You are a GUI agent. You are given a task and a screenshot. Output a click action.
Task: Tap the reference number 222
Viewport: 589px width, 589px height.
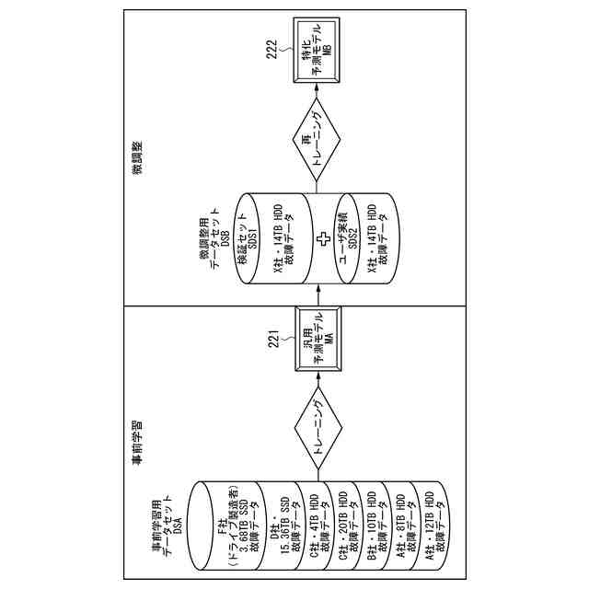[x=271, y=48]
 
